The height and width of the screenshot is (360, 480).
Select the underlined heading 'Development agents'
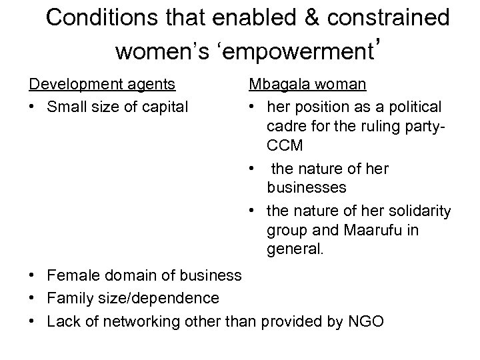(102, 84)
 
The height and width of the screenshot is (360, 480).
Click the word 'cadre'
(287, 127)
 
